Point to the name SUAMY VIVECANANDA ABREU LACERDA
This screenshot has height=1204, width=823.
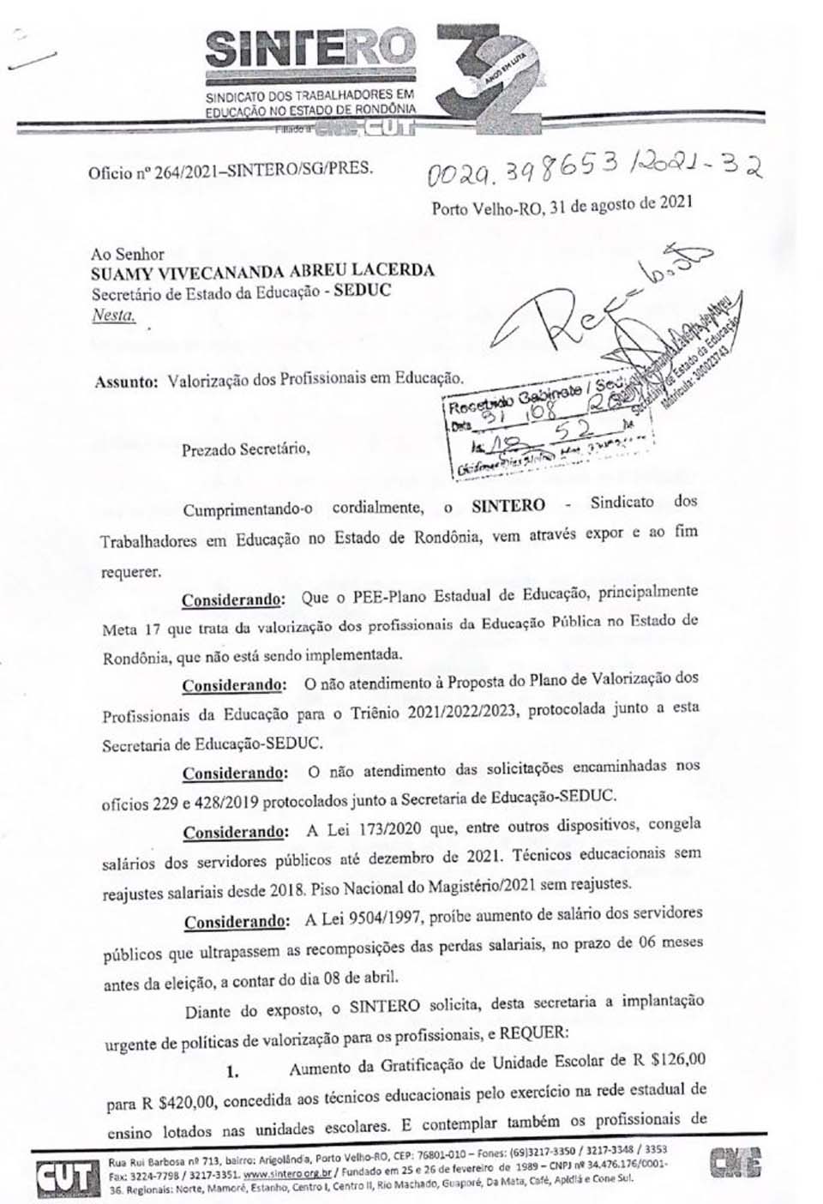(262, 271)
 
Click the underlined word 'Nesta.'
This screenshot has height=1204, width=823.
(113, 315)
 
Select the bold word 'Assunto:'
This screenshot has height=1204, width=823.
(127, 380)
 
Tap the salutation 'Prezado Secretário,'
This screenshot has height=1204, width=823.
(244, 448)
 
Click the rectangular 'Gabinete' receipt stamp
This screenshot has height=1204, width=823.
(549, 433)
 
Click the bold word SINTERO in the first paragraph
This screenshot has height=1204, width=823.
(508, 505)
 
